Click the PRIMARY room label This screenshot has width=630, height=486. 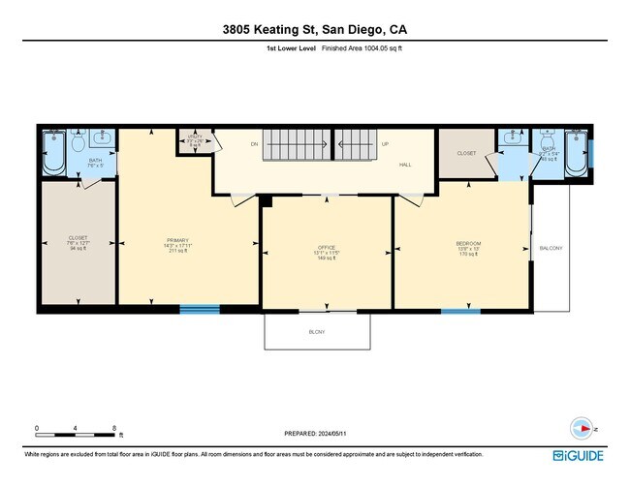176,240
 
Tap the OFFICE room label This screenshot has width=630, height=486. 327,248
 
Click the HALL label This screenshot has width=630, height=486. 406,166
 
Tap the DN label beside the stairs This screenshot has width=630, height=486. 255,144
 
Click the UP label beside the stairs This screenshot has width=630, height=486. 385,144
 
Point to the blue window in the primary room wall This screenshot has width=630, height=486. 200,310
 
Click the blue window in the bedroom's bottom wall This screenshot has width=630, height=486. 460,311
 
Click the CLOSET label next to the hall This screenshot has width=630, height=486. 465,153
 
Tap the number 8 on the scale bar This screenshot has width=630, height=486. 114,428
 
